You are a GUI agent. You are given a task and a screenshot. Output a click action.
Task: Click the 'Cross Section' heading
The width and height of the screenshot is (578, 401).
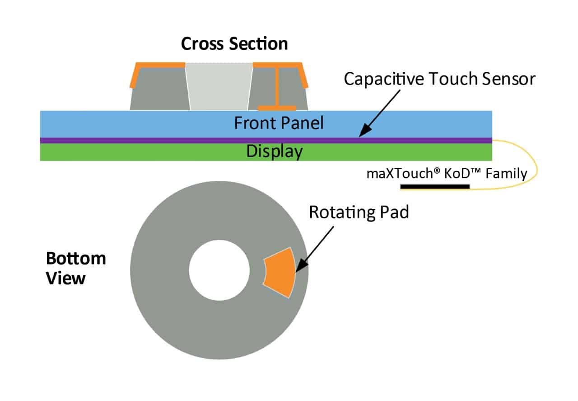coord(234,44)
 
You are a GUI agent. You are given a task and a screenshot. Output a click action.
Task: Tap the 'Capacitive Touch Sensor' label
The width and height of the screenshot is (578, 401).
coord(439,79)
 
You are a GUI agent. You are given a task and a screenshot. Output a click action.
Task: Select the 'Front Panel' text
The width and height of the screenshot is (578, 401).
coord(279,123)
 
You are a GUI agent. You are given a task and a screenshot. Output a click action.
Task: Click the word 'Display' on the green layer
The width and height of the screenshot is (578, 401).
coord(274,151)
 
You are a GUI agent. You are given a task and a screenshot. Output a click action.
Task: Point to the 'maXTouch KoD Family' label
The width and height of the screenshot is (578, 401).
coord(447,174)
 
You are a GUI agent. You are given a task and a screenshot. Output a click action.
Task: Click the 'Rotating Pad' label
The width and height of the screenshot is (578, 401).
coord(359,212)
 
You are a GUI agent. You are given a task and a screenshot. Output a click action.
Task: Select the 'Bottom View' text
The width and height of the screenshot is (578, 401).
coord(76,268)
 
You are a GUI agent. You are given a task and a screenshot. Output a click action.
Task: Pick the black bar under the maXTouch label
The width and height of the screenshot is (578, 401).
coord(434,186)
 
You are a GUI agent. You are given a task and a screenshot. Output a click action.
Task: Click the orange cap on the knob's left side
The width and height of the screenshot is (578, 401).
coord(135,75)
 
